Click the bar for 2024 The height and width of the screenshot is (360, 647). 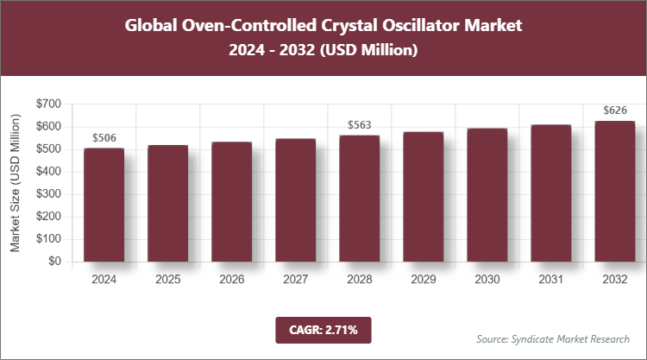104,205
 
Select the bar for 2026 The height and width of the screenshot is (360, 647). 231,201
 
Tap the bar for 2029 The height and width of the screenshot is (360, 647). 423,197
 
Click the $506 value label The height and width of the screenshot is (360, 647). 104,138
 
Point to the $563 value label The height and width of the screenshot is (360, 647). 359,125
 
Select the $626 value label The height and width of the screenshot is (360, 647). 614,111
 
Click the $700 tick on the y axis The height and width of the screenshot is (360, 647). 47,104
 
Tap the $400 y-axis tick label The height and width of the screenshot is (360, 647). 47,171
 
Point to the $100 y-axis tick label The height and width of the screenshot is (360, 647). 47,239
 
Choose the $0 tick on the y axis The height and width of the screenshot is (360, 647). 53,262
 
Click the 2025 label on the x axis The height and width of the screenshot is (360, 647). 167,280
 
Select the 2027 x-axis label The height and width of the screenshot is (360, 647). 295,280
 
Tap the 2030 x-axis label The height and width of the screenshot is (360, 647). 487,280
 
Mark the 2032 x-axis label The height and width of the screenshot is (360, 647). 614,280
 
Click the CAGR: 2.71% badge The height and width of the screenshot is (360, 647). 323,329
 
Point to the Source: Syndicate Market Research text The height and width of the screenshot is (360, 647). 552,338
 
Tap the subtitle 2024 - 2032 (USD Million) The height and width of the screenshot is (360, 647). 323,51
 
